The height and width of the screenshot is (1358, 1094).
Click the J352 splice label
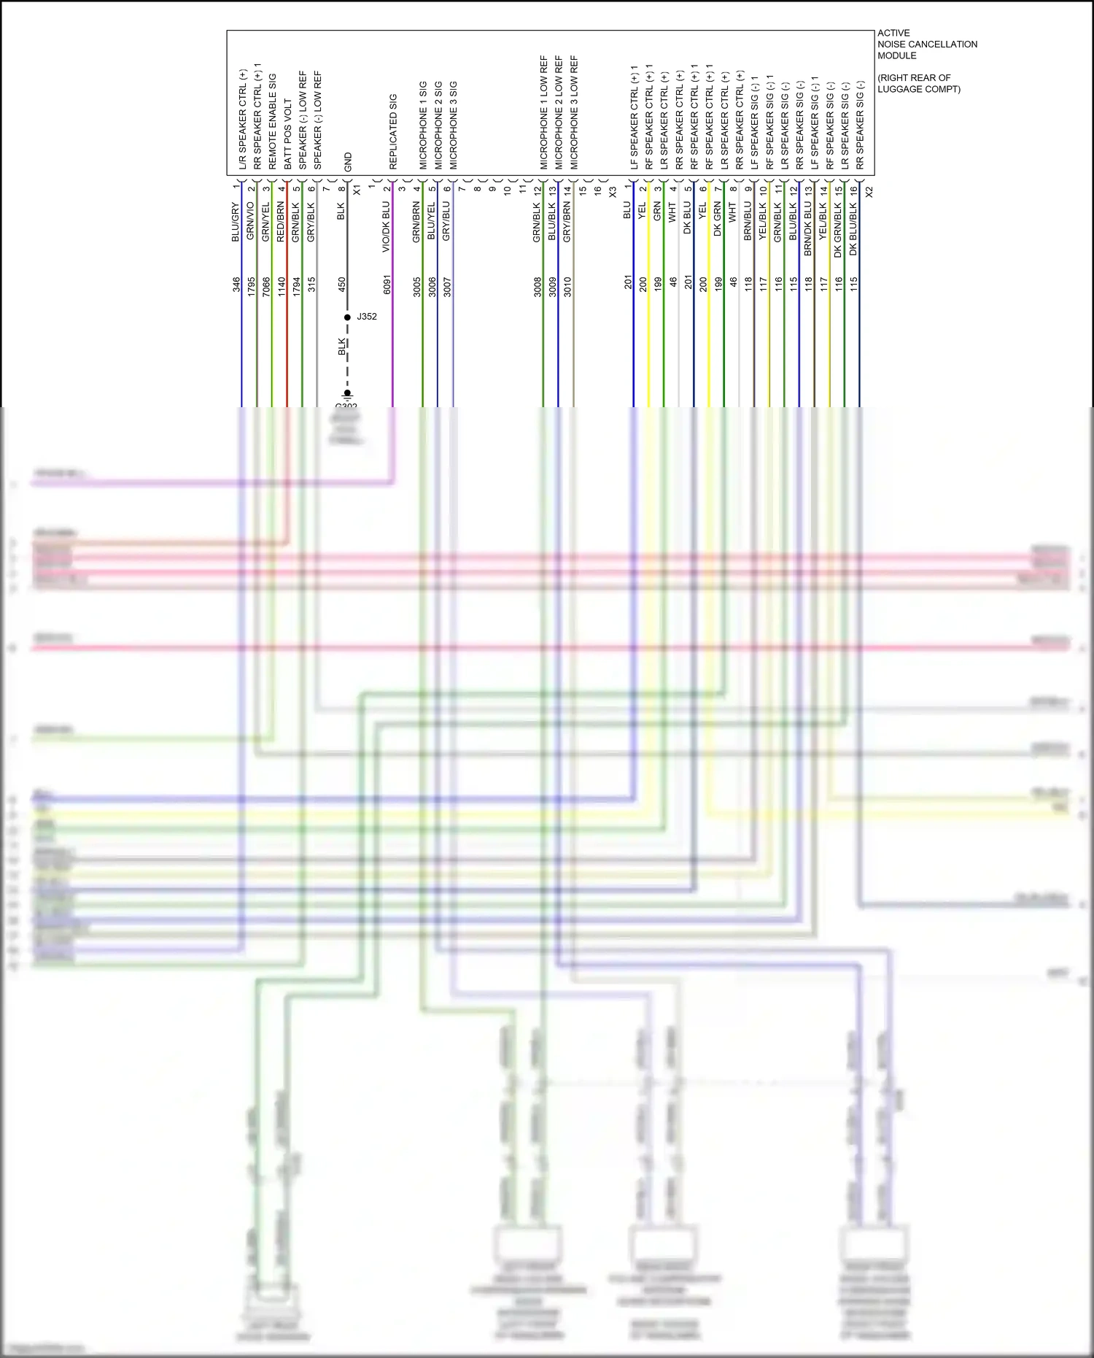click(366, 317)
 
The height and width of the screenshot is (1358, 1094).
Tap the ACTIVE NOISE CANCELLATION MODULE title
click(926, 45)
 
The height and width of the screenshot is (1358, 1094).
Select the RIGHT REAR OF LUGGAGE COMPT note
click(918, 83)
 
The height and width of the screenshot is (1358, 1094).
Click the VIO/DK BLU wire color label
click(387, 228)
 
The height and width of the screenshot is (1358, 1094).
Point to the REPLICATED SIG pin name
click(393, 131)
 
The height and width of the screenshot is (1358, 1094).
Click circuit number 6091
click(387, 285)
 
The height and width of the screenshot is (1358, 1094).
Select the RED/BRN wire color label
click(282, 223)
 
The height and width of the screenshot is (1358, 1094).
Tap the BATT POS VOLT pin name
click(287, 134)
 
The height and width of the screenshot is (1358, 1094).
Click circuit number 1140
click(282, 285)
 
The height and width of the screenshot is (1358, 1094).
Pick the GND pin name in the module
click(348, 162)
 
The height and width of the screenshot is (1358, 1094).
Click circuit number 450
click(342, 285)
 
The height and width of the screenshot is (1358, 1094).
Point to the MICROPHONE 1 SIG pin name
click(423, 126)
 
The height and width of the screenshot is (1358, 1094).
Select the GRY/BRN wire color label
click(567, 222)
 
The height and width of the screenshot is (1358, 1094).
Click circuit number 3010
click(567, 285)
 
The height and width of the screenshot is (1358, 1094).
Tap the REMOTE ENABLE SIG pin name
click(272, 121)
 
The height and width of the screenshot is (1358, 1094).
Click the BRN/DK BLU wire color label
click(808, 228)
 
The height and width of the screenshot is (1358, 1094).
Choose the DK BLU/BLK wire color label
click(853, 228)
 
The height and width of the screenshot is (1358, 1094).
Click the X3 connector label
click(613, 192)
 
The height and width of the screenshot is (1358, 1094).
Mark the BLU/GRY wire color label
click(236, 223)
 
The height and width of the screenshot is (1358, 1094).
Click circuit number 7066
click(266, 285)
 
